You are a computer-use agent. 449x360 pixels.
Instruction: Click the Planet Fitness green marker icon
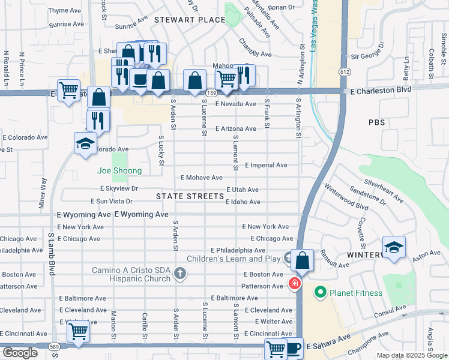point(320,293)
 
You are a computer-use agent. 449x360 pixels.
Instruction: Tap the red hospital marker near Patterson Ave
point(295,283)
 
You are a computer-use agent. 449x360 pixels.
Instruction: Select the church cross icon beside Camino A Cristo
point(179,274)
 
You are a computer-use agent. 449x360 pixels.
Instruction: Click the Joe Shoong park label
point(120,171)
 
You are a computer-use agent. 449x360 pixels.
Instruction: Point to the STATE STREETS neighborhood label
point(190,196)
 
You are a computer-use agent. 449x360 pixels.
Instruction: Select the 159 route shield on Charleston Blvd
point(211,93)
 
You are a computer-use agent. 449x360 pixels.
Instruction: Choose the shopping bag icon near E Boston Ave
point(303,260)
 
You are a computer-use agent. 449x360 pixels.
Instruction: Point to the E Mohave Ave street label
point(202,178)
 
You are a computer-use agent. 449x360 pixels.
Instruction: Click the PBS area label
point(376,122)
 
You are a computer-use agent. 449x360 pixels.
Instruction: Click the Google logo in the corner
point(20,353)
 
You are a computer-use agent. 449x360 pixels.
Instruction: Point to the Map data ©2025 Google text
point(411,355)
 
